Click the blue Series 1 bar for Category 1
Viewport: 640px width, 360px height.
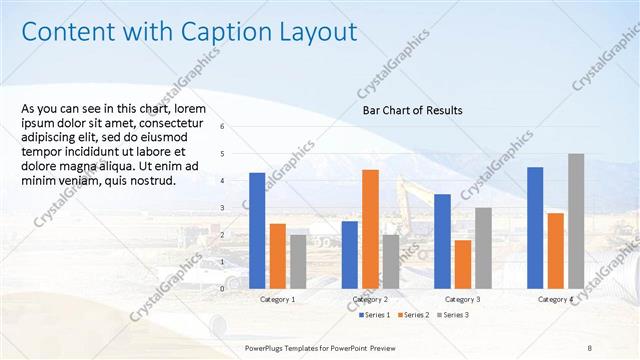(257, 230)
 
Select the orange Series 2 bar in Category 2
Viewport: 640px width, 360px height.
(370, 228)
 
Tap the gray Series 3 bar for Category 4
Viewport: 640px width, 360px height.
(576, 220)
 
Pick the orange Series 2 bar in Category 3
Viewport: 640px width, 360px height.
(462, 263)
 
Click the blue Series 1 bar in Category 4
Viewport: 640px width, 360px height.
(535, 227)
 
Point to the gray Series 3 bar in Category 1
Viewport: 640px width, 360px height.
(298, 261)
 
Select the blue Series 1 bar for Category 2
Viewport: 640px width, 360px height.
(349, 254)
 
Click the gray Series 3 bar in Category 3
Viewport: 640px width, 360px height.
(483, 247)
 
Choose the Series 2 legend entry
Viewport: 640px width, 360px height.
(416, 315)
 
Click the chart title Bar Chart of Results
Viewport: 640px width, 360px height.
(412, 111)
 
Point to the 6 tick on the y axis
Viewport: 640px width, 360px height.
(236, 127)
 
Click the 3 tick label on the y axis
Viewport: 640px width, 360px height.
(236, 207)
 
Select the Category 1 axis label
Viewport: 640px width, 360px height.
(277, 299)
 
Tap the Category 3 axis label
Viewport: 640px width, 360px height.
(462, 299)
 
